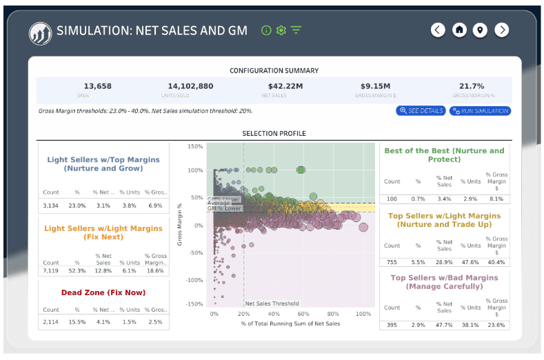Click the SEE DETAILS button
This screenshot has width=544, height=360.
(x=421, y=111)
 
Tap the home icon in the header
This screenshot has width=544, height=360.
(x=459, y=30)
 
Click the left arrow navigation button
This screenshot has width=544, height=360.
(x=438, y=30)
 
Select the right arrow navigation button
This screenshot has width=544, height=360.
(x=502, y=30)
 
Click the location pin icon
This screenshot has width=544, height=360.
(x=481, y=30)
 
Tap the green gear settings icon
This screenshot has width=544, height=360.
(x=281, y=30)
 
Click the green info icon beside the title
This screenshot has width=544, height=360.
(x=266, y=30)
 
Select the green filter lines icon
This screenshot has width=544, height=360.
(x=296, y=30)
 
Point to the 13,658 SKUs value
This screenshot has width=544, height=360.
(x=97, y=86)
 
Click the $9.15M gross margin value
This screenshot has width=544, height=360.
(x=376, y=86)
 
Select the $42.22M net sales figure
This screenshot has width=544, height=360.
(x=285, y=86)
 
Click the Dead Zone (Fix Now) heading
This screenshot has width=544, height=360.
(x=103, y=292)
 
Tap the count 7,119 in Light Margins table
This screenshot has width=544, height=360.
(x=52, y=272)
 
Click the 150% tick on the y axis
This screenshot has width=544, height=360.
(x=194, y=147)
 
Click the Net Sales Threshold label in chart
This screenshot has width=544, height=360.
(x=272, y=303)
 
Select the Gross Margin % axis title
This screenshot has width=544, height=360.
(x=179, y=225)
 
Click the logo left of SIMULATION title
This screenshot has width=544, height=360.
(x=40, y=32)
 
